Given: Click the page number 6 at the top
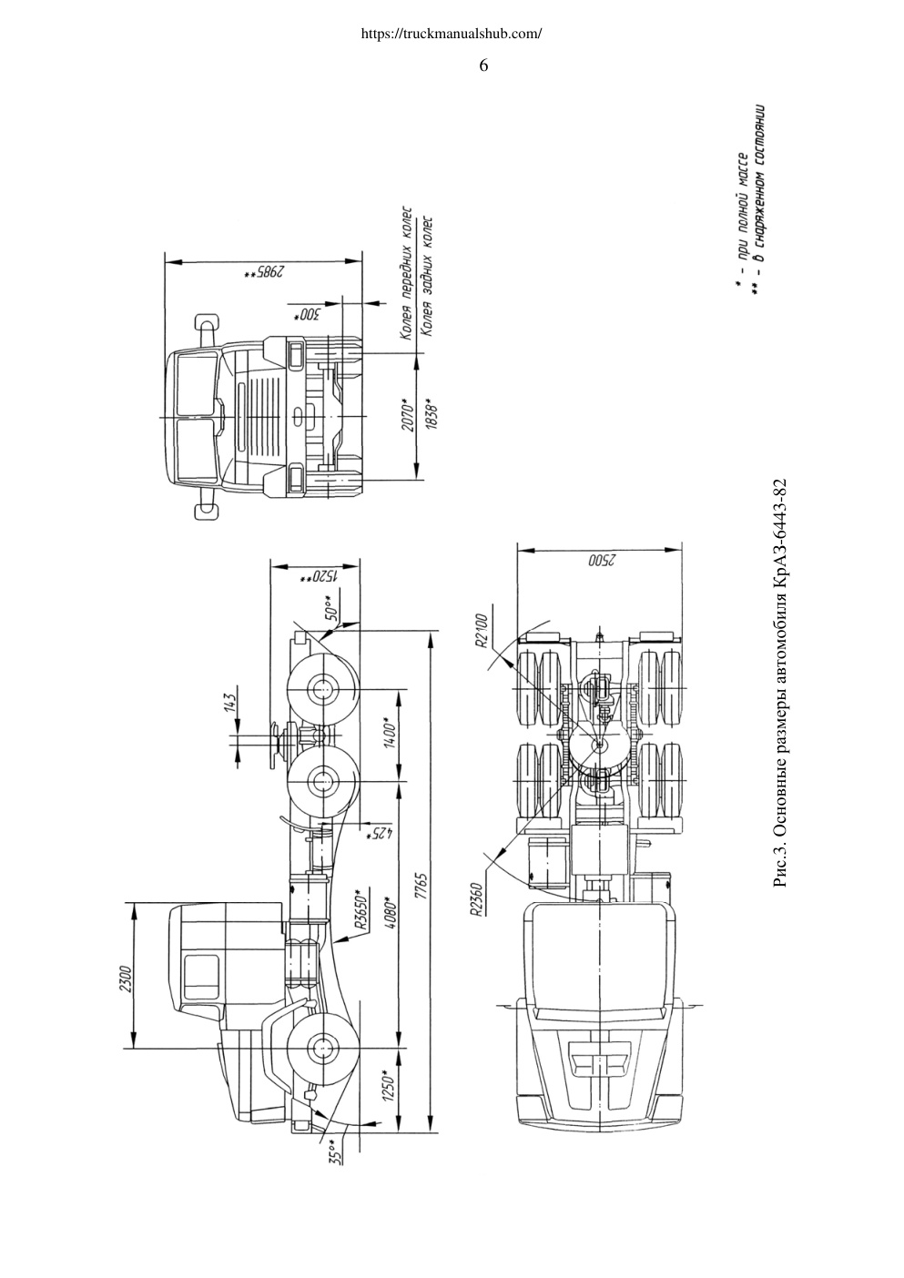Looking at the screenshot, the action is point(482,66).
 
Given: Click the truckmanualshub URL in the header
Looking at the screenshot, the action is point(452,34).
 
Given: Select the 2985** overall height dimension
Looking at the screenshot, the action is point(264,272).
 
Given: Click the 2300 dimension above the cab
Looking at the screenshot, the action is point(126,979).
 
